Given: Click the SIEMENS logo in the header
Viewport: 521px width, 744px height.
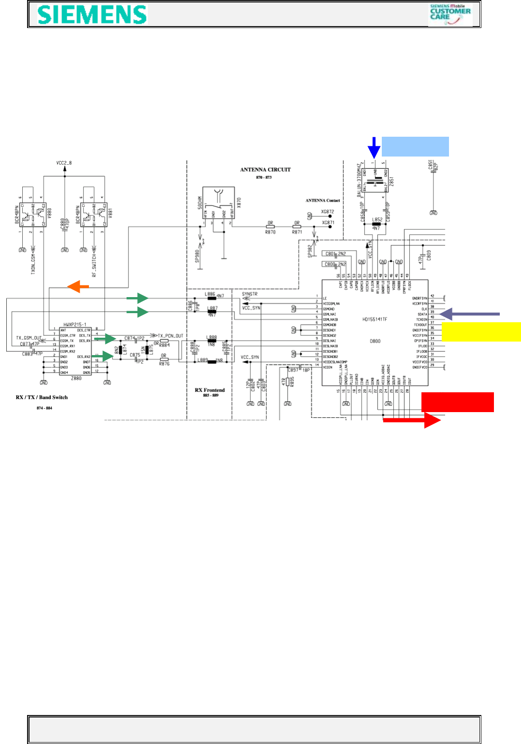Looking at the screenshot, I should [x=92, y=14].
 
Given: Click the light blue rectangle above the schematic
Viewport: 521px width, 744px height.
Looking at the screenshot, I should [x=415, y=146].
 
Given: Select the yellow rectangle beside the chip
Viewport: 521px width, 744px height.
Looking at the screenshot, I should [x=481, y=332].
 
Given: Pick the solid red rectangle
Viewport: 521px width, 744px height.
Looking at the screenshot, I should [x=457, y=402].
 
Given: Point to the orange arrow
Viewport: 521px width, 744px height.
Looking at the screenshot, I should [x=78, y=286].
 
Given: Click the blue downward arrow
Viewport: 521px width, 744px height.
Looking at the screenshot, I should [x=374, y=147].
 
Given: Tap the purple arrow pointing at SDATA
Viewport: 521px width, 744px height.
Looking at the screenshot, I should [x=469, y=314].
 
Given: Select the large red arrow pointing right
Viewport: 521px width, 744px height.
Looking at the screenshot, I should [x=412, y=420].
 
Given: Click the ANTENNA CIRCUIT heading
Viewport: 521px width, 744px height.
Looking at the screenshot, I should [x=265, y=170].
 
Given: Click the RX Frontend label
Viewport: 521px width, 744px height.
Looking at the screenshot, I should [x=210, y=390].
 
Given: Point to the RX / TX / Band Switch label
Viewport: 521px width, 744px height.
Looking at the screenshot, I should [x=42, y=397].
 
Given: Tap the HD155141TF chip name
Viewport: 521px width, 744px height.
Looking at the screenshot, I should [x=375, y=319].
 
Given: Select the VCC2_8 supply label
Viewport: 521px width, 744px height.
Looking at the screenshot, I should [x=64, y=163].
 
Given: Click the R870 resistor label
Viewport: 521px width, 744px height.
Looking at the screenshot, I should [x=270, y=232].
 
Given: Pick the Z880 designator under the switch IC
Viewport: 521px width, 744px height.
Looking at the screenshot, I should [x=76, y=378].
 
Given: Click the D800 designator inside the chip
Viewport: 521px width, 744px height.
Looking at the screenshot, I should [x=375, y=341].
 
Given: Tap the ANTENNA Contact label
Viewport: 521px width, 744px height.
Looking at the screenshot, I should [x=322, y=200].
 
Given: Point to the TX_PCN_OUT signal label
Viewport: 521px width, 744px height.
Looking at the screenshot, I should [x=170, y=336].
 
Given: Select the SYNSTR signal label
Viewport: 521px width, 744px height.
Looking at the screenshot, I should [x=250, y=294].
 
